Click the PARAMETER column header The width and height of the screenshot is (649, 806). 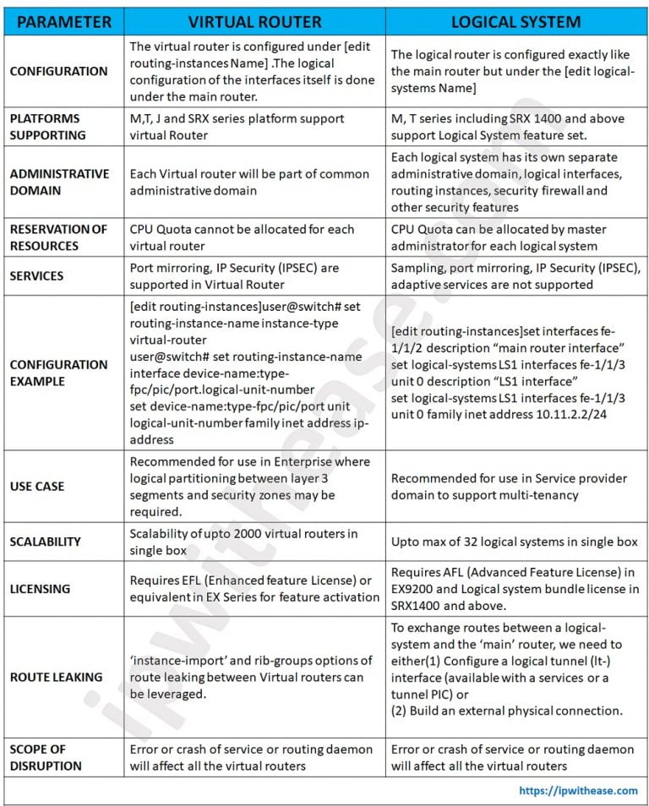tap(63, 21)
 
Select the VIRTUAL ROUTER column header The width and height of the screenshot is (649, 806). tap(254, 21)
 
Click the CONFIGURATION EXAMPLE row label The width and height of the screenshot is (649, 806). tap(58, 373)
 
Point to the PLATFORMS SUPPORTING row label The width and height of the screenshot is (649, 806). tap(47, 127)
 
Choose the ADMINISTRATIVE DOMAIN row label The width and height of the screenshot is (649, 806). tap(59, 182)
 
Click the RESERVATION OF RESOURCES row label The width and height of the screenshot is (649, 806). tap(58, 237)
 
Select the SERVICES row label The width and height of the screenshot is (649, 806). tap(36, 275)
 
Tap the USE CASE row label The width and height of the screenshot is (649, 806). tap(36, 486)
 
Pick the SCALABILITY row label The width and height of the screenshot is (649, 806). tap(45, 542)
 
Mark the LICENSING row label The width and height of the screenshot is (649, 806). tap(40, 588)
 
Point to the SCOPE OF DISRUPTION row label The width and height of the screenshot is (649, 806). tap(46, 758)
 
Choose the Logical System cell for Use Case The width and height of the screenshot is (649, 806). tap(515, 486)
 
